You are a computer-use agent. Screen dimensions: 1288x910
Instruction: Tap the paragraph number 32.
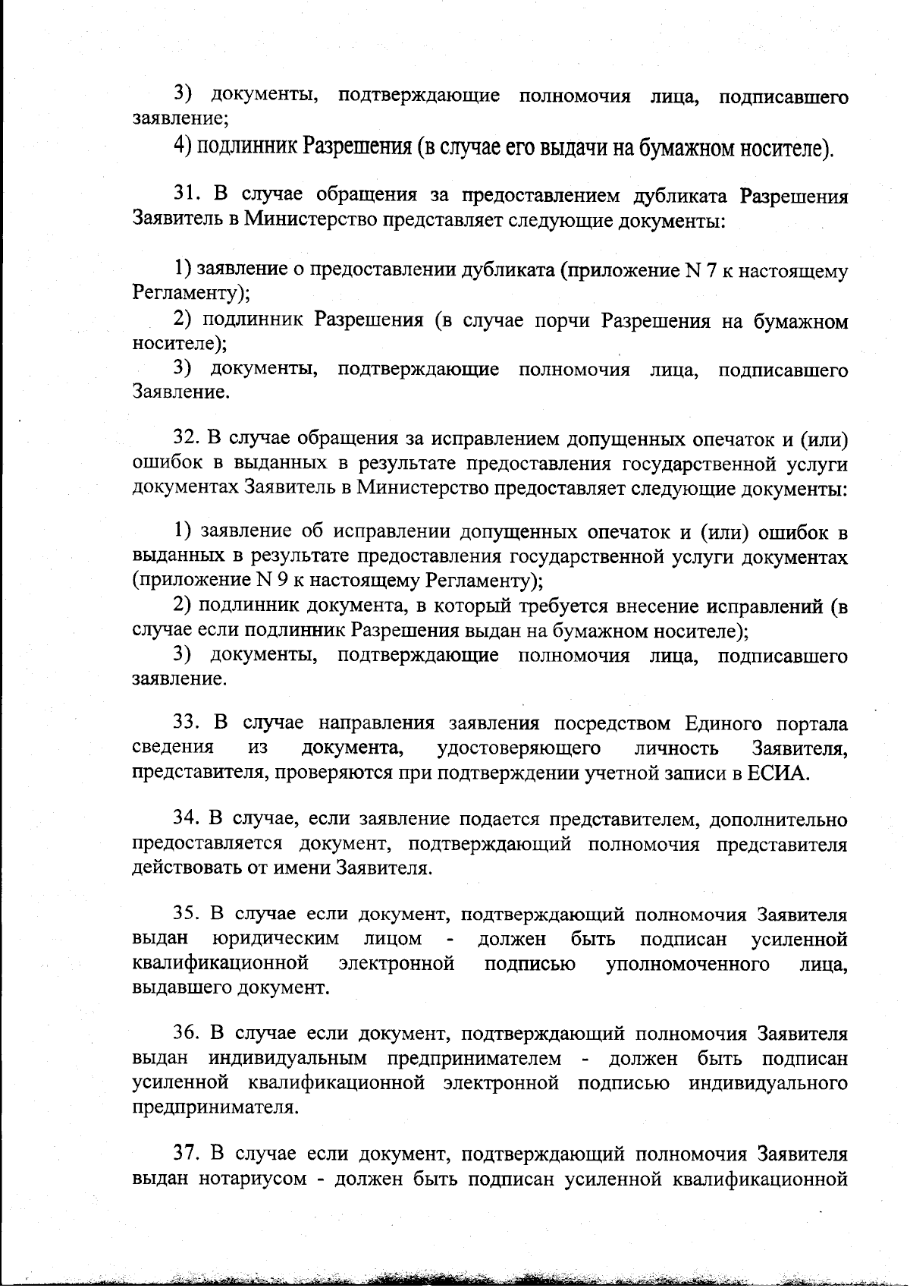tap(187, 439)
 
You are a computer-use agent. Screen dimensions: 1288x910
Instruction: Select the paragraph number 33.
tap(187, 723)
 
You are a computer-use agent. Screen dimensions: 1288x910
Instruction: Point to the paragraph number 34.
tap(187, 819)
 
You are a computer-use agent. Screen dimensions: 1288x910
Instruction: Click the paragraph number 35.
tap(187, 915)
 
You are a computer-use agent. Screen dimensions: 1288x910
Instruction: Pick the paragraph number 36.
tap(187, 1034)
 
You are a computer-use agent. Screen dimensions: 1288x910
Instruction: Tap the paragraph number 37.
tap(187, 1154)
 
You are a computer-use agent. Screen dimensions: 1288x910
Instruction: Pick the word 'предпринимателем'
tap(475, 1058)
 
